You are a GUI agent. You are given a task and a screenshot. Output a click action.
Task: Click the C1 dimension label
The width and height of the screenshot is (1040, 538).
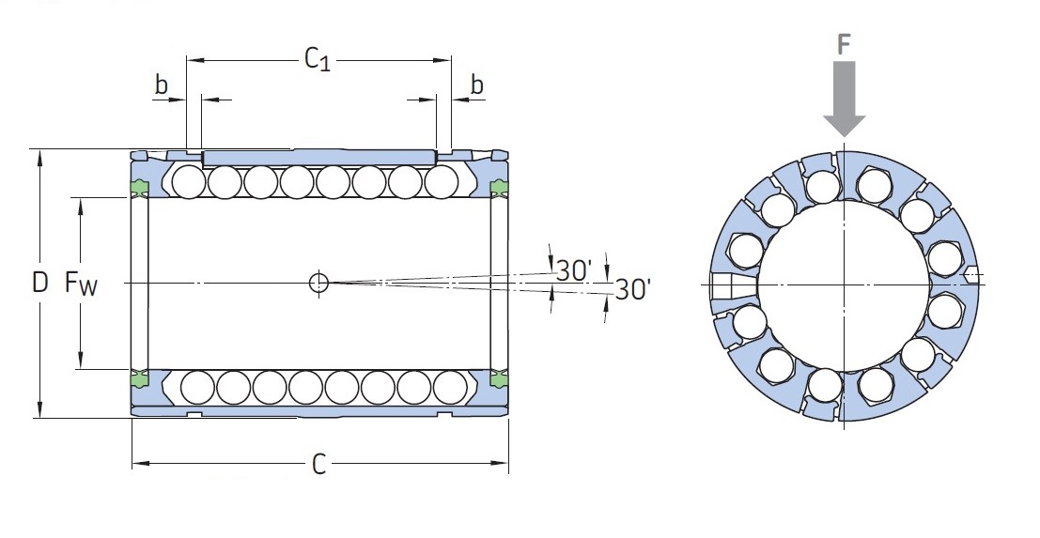tap(317, 59)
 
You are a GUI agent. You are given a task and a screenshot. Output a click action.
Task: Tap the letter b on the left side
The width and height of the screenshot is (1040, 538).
tap(162, 85)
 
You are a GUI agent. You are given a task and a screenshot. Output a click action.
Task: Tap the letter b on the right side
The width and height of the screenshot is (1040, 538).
tap(477, 85)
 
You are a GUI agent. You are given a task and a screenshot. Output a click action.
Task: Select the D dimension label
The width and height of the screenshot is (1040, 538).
tap(40, 283)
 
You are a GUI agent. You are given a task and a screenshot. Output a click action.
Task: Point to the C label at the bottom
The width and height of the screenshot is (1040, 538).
tap(319, 465)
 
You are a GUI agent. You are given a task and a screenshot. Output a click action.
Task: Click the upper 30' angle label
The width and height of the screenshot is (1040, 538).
tap(573, 270)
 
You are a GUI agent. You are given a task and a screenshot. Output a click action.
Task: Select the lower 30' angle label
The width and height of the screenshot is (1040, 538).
tap(633, 289)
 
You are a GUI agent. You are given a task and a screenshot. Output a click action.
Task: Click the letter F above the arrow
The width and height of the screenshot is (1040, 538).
tap(844, 44)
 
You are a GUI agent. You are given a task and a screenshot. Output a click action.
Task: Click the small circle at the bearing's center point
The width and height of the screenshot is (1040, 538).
tap(319, 283)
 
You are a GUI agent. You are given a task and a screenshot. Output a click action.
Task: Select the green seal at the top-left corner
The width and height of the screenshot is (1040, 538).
tap(140, 188)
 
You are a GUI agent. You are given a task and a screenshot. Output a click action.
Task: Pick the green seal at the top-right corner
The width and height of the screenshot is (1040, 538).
tap(499, 188)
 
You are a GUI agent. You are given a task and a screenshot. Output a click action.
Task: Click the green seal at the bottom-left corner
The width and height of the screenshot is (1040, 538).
tap(140, 378)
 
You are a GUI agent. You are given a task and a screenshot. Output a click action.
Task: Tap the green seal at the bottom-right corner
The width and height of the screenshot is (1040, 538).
tap(499, 378)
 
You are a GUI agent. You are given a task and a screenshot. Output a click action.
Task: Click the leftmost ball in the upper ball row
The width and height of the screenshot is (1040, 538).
tap(189, 181)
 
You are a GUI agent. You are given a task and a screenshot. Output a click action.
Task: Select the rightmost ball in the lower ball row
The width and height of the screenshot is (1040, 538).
tap(450, 387)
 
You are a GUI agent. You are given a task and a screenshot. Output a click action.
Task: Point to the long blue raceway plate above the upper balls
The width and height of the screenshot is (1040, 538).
tap(319, 158)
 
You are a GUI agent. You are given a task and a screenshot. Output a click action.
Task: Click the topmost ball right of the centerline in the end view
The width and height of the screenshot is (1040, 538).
tap(872, 184)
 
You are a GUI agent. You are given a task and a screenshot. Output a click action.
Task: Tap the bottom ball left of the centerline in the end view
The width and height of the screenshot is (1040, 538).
tap(826, 385)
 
